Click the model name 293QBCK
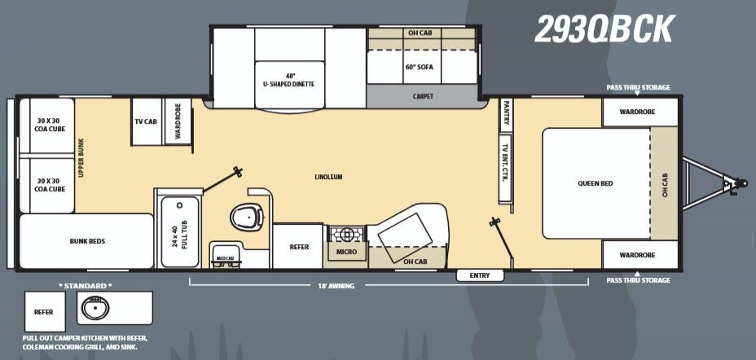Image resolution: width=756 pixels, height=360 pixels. coord(604,30)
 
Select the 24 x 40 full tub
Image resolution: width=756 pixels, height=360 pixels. coord(180,232)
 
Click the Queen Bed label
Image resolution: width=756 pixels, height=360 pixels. coord(595,183)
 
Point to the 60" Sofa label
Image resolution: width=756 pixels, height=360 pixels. coord(419,67)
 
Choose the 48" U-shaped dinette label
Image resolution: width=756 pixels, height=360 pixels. coord(288,80)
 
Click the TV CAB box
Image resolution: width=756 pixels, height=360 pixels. coord(146,121)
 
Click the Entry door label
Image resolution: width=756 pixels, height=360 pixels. coord(480,275)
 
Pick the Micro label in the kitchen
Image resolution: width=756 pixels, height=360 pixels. coord(347,252)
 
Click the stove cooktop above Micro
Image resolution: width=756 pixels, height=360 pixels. coord(346,234)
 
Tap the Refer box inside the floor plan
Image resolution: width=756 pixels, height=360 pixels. coord(299,246)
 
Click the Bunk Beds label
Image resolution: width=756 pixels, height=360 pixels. coord(86,241)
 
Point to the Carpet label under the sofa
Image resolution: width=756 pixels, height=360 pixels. coord(423,96)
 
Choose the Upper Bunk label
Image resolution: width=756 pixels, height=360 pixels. coord(81,158)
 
